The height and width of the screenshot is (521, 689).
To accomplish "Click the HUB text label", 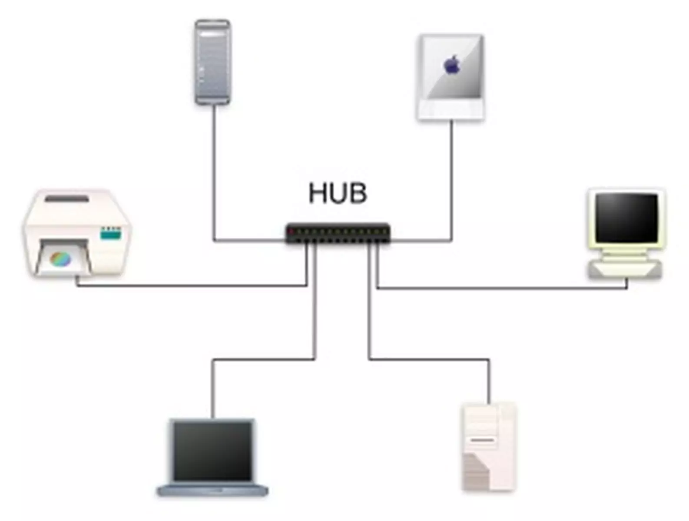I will click(338, 193).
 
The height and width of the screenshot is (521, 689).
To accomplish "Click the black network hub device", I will click(338, 233).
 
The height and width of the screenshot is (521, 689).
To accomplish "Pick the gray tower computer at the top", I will click(212, 62).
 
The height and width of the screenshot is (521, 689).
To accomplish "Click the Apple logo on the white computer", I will click(452, 65).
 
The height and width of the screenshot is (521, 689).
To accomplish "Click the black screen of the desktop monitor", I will click(626, 218).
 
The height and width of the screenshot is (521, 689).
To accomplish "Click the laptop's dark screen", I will click(212, 452).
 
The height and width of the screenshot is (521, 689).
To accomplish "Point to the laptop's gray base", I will click(212, 491).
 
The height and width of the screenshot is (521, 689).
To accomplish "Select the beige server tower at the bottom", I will click(489, 447).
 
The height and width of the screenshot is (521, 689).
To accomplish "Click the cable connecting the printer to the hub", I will click(191, 286).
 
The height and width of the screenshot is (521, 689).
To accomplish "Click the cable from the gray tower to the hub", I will click(214, 174).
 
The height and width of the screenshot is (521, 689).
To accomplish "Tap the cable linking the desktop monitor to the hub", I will click(500, 287).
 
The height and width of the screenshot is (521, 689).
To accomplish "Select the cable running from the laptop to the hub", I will click(261, 359).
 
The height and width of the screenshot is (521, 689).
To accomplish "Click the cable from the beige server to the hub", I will click(430, 359).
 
